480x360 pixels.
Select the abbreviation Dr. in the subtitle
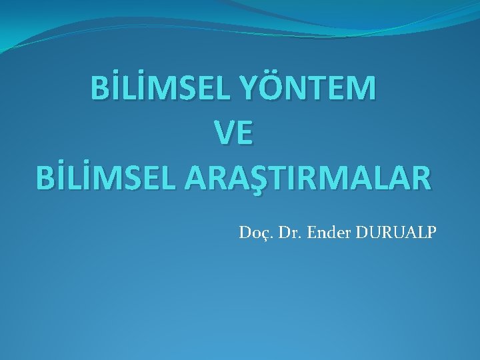tap(285, 234)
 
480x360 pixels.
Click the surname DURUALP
tap(393, 234)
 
